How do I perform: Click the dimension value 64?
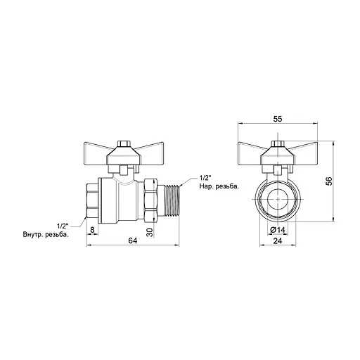(x=133, y=240)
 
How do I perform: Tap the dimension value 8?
(x=92, y=230)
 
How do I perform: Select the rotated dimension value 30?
(x=150, y=232)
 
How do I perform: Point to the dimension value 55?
(x=278, y=119)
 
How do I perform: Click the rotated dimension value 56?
(x=329, y=181)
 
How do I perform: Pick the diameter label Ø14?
(x=278, y=230)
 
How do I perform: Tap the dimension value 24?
(x=278, y=240)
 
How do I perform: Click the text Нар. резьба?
(x=219, y=186)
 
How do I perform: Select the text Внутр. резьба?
(x=46, y=235)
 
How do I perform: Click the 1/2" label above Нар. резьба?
(x=205, y=178)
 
